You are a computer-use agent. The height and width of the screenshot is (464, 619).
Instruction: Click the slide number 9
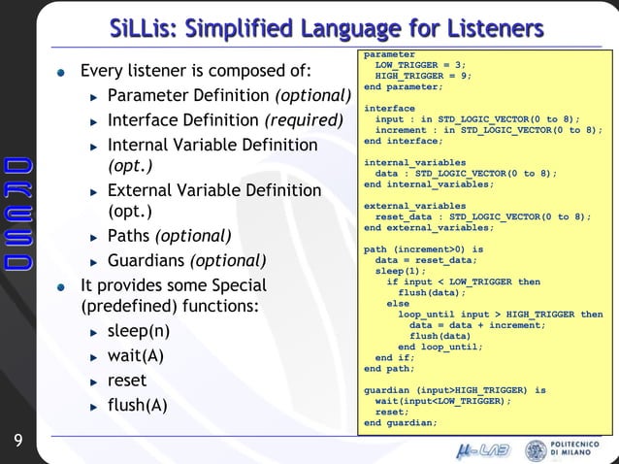coord(17,443)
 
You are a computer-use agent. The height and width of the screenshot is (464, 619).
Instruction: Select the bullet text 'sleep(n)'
coord(139,331)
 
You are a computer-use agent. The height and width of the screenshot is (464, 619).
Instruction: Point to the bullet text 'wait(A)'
coord(136,355)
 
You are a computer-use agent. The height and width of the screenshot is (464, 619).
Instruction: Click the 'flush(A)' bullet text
coord(138,405)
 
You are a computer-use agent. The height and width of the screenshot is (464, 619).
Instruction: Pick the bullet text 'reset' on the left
coord(127,381)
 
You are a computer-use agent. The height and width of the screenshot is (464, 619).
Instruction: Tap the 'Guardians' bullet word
coord(146,261)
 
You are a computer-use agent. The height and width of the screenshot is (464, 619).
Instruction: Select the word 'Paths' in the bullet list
coord(129,236)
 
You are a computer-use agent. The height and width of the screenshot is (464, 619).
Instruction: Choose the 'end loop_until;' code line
coord(440,347)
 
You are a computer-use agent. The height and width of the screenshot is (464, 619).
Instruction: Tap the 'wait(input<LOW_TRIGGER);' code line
coord(442,401)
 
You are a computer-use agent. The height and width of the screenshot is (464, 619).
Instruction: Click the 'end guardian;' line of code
coord(401,423)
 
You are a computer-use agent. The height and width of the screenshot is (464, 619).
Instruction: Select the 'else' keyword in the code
coord(398,304)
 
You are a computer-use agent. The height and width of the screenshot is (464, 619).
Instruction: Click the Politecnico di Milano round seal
coord(536,450)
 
